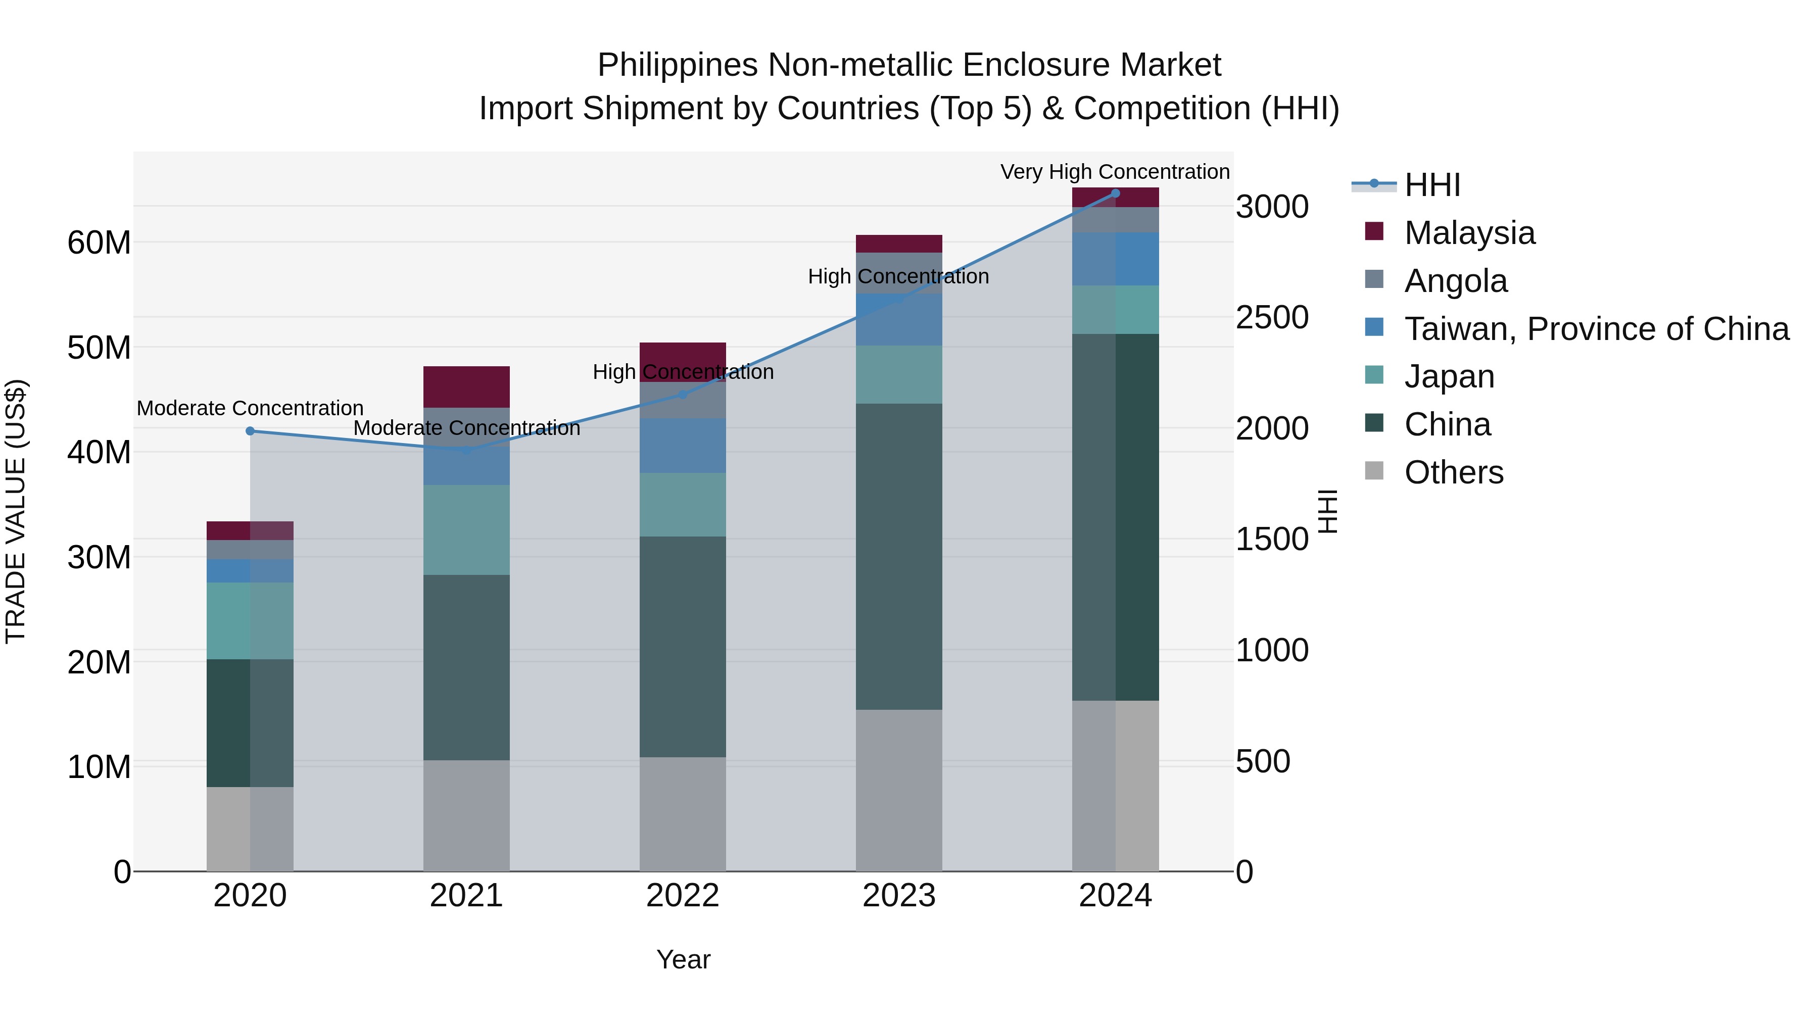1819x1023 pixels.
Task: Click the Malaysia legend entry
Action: point(1469,233)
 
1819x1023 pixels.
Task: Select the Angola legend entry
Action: point(1455,281)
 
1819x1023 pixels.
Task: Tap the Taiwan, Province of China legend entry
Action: point(1596,329)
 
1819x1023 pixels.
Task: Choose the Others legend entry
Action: point(1453,472)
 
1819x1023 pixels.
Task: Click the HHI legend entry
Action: point(1432,185)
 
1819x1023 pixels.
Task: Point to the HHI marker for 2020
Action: point(250,430)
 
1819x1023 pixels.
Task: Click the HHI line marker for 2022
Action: point(683,395)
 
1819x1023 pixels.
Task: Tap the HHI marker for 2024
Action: point(1116,193)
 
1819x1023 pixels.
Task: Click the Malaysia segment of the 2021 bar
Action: point(466,387)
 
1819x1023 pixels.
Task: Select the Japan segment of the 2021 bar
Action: point(466,529)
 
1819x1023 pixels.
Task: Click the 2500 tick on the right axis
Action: point(1272,318)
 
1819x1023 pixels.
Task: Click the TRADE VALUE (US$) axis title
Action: point(16,511)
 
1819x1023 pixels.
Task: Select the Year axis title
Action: point(683,959)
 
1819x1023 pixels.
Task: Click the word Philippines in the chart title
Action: point(678,65)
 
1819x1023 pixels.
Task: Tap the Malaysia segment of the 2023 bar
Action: point(899,243)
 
